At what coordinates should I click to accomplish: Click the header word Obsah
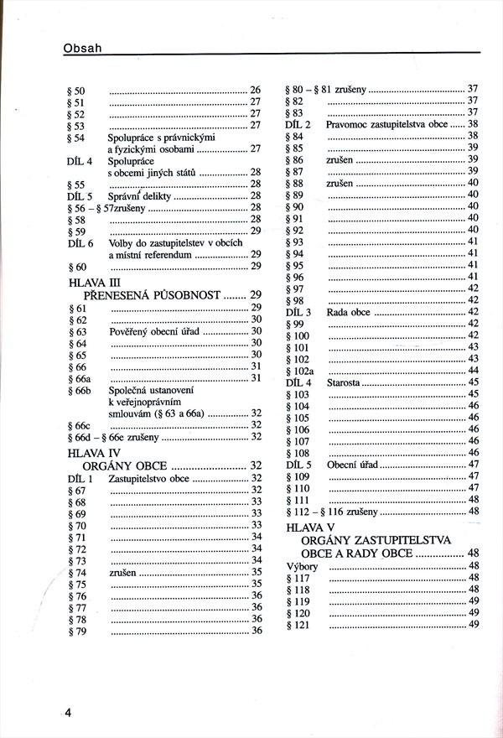(82, 48)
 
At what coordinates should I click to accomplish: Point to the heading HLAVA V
(310, 527)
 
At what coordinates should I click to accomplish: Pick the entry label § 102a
(299, 371)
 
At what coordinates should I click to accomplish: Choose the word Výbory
(302, 566)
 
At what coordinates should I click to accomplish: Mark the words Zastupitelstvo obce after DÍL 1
(148, 478)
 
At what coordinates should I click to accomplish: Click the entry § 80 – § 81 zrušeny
(326, 89)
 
